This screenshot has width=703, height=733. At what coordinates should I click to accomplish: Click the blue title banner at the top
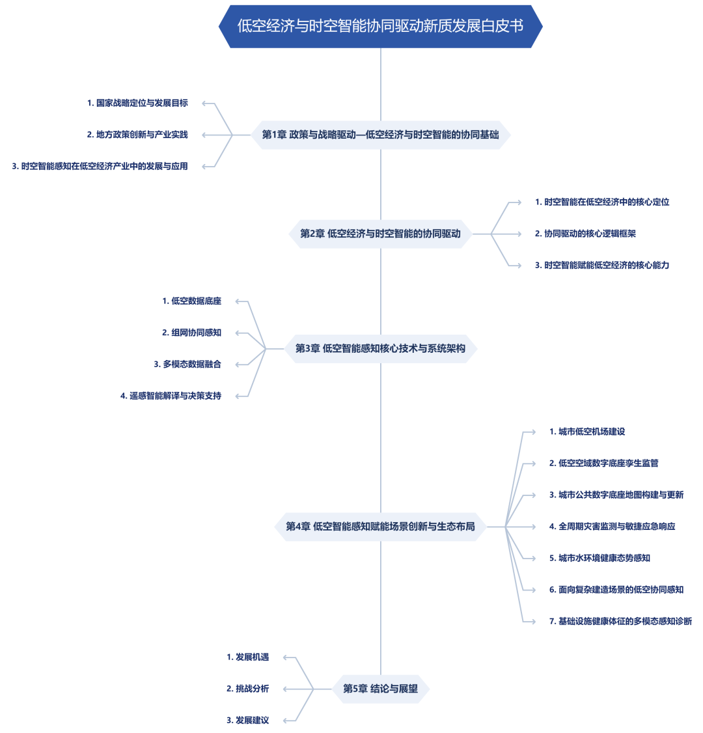tap(381, 26)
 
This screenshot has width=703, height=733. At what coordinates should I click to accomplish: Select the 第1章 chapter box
tap(381, 135)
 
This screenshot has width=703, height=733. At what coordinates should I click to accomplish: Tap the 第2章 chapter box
tap(381, 234)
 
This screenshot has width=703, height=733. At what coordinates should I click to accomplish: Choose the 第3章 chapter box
tap(381, 349)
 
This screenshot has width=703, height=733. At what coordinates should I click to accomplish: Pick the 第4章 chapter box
tap(381, 527)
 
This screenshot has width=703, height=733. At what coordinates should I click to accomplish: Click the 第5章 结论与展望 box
tap(381, 689)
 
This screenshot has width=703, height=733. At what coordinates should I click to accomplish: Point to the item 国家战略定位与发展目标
tap(137, 104)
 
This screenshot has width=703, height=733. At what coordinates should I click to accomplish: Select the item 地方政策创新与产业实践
tap(137, 135)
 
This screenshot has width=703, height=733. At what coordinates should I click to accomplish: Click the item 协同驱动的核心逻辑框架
tap(585, 234)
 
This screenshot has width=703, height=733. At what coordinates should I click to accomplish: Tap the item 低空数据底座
tap(191, 301)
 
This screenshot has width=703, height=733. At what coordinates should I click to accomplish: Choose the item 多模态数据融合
tap(187, 365)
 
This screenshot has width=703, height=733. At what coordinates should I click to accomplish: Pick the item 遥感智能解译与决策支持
tap(171, 396)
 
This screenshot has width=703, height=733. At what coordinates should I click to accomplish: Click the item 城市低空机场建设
tap(587, 432)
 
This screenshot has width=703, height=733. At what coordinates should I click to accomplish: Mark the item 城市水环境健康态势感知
tap(600, 559)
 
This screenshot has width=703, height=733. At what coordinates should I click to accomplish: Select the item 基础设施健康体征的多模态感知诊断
tap(621, 622)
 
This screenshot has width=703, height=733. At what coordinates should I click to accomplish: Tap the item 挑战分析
tap(248, 689)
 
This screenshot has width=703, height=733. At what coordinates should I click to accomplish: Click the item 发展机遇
tap(248, 657)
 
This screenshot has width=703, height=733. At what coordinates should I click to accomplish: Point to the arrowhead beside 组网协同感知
tap(238, 333)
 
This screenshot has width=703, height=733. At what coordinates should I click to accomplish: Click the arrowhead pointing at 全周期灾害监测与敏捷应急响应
tap(533, 527)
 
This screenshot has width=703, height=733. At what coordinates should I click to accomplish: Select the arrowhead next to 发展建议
tap(286, 721)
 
